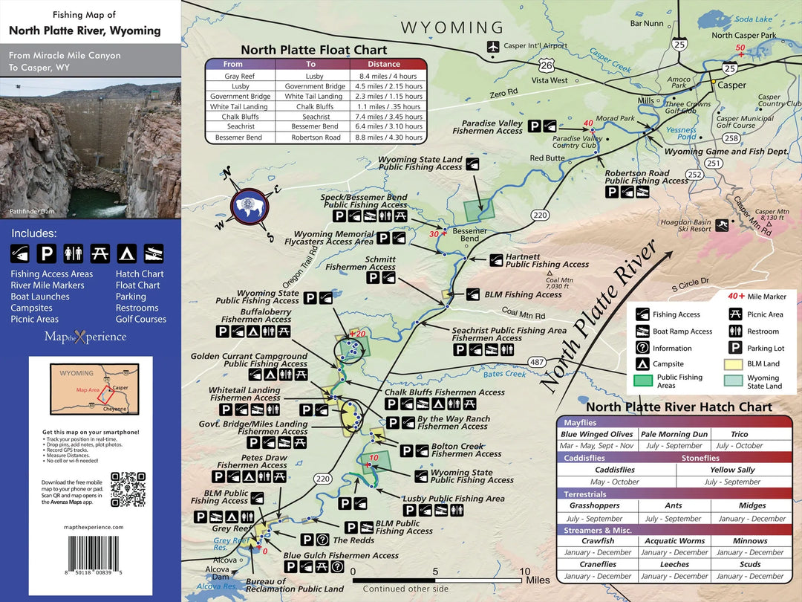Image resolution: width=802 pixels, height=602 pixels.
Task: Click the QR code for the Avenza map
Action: [x=127, y=488]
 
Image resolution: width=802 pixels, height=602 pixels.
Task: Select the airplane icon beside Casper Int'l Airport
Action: [x=493, y=46]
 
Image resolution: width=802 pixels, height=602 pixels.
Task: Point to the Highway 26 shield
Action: [x=546, y=65]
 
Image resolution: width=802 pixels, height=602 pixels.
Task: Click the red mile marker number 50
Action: [x=740, y=48]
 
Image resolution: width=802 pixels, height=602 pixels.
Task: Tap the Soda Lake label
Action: [x=754, y=19]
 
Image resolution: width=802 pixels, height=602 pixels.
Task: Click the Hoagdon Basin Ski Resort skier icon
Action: [x=723, y=225]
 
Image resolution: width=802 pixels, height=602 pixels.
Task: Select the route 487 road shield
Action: [x=537, y=362]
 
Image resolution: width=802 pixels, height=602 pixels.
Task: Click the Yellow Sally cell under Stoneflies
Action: [x=731, y=470]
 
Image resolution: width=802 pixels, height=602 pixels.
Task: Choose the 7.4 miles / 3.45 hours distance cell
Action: [x=384, y=117]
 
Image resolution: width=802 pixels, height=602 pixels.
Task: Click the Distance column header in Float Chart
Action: [x=384, y=65]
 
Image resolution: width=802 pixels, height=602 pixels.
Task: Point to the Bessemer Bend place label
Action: [x=469, y=235]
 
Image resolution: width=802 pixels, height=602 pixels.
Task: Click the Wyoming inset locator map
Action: [x=91, y=389]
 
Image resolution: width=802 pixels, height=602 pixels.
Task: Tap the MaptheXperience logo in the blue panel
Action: [x=85, y=337]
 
